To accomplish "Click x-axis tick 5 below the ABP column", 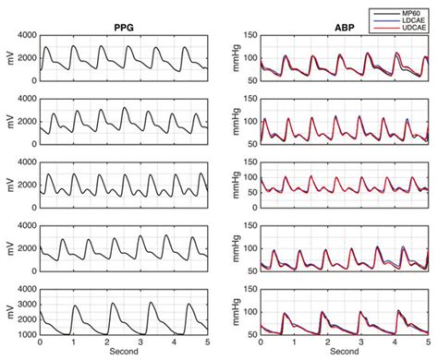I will [429, 342].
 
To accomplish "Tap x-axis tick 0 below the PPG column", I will [41, 342].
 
